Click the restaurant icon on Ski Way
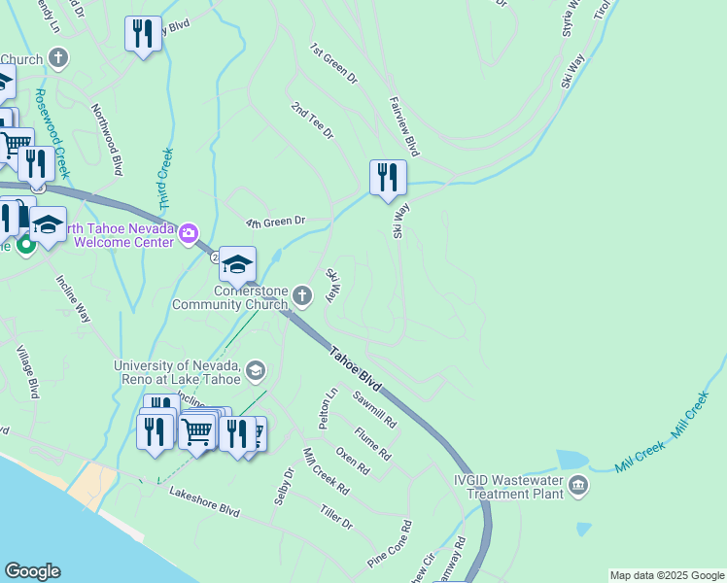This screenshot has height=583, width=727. [x=388, y=178]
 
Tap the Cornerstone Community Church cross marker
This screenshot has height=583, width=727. [x=302, y=294]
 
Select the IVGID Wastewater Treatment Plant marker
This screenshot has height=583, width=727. [x=578, y=486]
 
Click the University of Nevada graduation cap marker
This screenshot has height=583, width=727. [x=255, y=369]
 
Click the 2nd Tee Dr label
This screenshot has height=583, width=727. [x=312, y=119]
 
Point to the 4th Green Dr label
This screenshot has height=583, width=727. [x=275, y=223]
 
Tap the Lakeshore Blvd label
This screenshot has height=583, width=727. [x=204, y=500]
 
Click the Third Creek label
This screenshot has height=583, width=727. [x=165, y=179]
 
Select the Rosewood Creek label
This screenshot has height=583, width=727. [x=52, y=134]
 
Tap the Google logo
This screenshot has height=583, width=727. [x=32, y=571]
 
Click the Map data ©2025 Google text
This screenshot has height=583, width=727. [x=666, y=575]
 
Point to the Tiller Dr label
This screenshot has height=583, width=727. [x=335, y=516]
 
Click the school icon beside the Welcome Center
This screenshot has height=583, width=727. [x=237, y=264]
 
